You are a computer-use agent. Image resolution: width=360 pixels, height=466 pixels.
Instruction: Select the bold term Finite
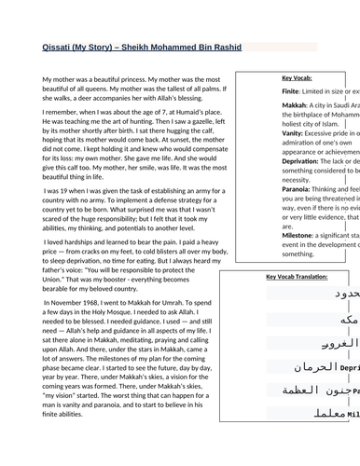[x=264, y=92]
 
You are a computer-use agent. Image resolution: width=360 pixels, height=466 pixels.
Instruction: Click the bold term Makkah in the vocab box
[x=268, y=105]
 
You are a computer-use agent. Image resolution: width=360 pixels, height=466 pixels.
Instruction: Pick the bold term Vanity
[x=266, y=132]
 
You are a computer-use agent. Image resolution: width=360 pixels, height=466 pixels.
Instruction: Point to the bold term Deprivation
[x=276, y=160]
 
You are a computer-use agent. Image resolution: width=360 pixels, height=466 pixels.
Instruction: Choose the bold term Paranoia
[x=270, y=187]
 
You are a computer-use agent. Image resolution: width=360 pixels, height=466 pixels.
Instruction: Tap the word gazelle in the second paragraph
[x=191, y=122]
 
